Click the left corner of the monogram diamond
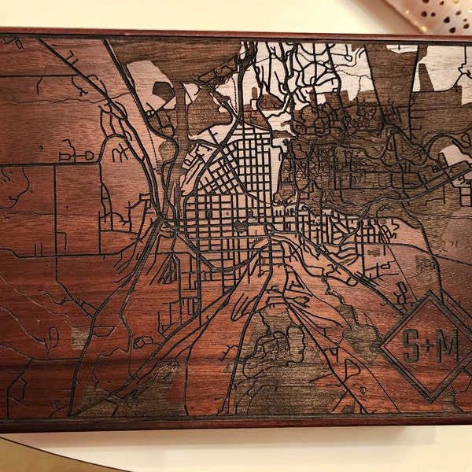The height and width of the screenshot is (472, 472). (381, 345)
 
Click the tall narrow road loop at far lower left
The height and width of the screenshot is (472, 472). (53, 339)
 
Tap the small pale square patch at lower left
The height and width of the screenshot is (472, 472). (79, 339)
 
